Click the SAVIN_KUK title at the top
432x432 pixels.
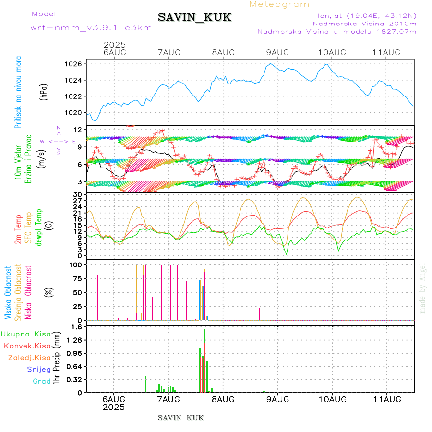point(194,18)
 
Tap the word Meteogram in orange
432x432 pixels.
point(279,4)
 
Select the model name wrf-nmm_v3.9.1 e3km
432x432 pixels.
point(91,27)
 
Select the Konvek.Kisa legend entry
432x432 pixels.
point(27,346)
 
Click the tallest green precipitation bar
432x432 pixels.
point(204,360)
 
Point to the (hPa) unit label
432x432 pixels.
point(44,92)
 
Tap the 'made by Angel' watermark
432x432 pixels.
point(423,288)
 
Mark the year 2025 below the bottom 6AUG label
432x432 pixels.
point(114,407)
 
